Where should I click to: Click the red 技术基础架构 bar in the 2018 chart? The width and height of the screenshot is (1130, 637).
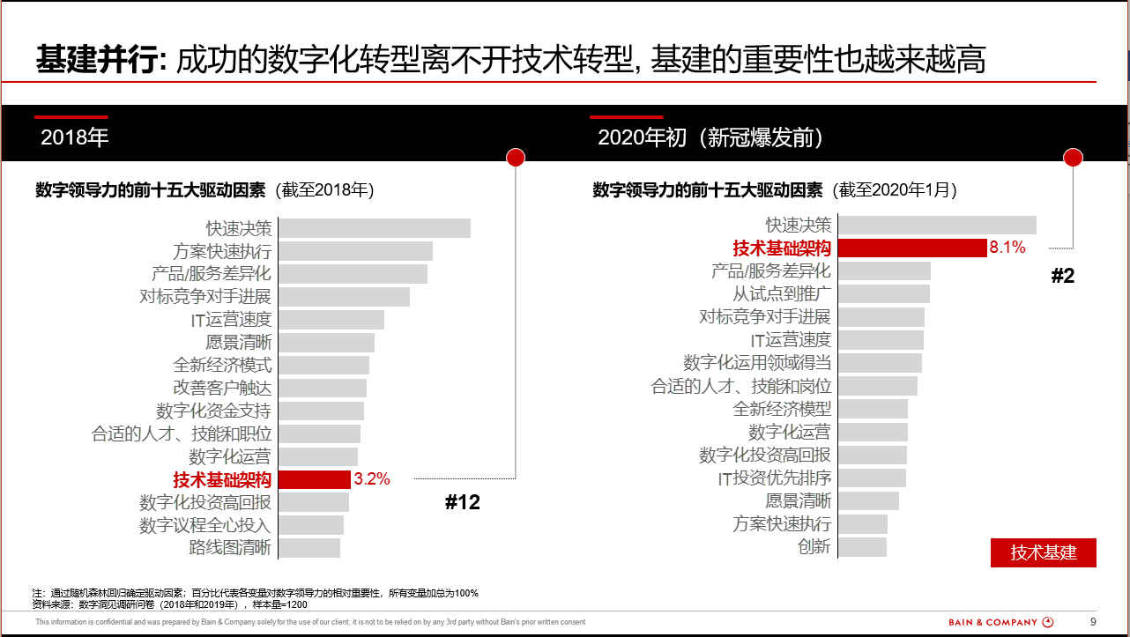click(314, 479)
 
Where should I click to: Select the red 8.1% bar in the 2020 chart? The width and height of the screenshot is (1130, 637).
click(911, 248)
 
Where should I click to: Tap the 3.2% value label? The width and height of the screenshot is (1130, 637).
click(372, 479)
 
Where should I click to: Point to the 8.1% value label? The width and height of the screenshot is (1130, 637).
click(1007, 248)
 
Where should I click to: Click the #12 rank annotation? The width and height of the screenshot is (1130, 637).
click(462, 503)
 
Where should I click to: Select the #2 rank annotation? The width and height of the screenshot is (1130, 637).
click(1063, 276)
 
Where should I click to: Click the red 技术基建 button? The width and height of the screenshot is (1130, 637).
click(1044, 552)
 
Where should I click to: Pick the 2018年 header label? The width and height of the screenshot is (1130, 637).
click(74, 137)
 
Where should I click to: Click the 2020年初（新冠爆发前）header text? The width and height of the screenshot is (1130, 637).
click(710, 137)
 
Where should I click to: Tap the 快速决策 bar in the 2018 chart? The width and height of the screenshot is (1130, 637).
click(375, 228)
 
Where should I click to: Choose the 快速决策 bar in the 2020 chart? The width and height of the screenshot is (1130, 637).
click(937, 225)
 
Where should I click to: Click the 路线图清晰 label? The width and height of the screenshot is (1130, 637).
click(230, 547)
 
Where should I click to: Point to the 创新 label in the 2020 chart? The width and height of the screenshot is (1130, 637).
click(814, 546)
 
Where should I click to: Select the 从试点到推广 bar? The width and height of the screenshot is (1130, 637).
click(884, 293)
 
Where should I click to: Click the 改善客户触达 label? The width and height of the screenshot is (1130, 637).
click(222, 388)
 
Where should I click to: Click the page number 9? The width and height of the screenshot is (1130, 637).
click(1093, 621)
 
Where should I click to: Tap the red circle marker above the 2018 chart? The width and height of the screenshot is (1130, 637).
click(516, 157)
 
